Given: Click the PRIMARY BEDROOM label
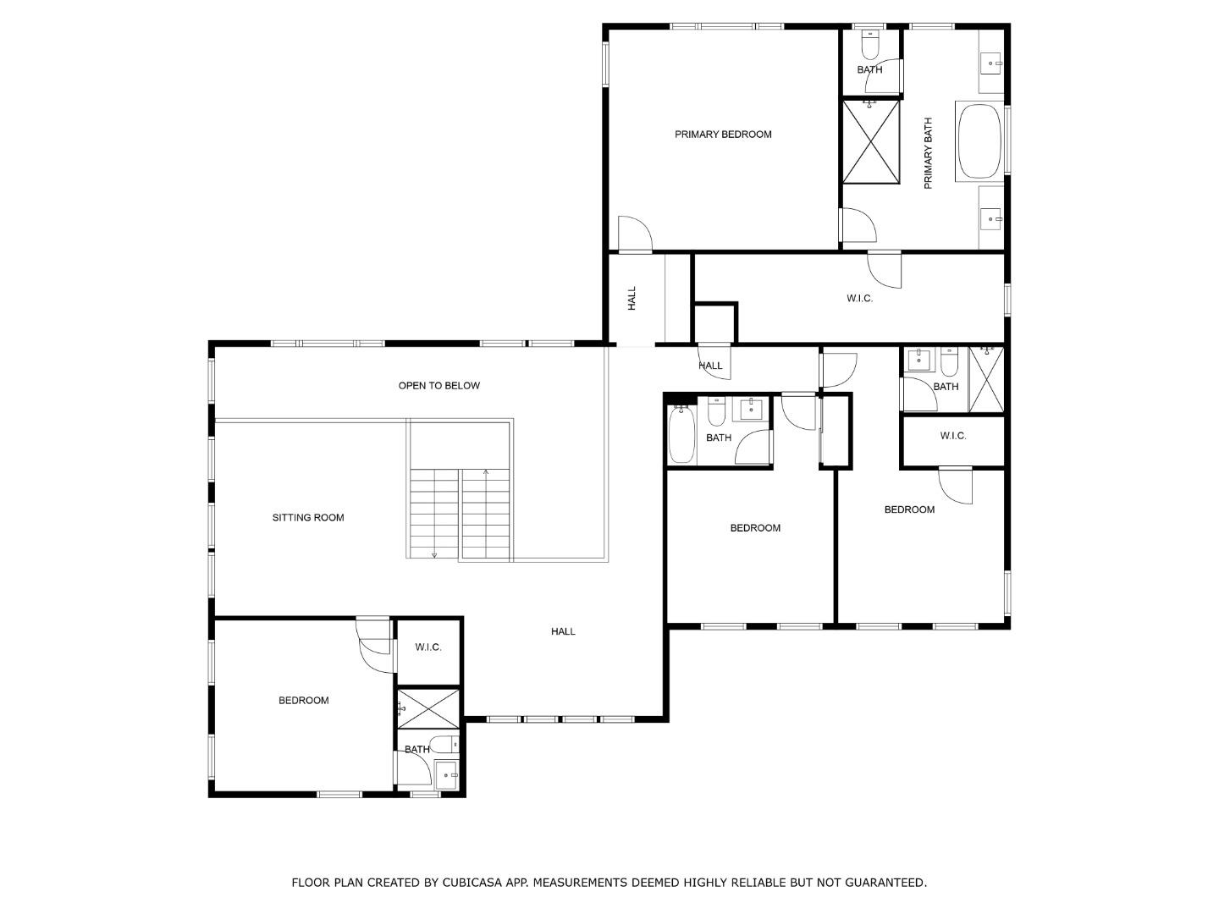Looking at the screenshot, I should click(723, 135).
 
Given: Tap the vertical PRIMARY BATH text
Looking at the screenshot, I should click(928, 153).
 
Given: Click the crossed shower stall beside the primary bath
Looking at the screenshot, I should click(870, 140).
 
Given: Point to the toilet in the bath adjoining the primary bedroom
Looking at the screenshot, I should click(870, 41).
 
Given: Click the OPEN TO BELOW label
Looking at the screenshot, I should click(439, 386).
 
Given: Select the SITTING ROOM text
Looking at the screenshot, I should click(308, 518).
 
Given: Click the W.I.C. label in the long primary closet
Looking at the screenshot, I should click(859, 299).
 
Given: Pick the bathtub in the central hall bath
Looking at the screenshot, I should click(681, 435).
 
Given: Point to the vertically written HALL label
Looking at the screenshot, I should click(632, 299).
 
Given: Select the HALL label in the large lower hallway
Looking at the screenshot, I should click(563, 631).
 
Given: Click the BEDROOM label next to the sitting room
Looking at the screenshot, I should click(304, 701).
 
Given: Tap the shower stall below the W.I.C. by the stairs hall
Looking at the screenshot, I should click(429, 708).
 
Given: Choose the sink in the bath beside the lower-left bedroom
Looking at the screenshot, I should click(446, 774).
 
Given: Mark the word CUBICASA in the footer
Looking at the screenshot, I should click(468, 883).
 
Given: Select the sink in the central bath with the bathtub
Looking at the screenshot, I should click(751, 410).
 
